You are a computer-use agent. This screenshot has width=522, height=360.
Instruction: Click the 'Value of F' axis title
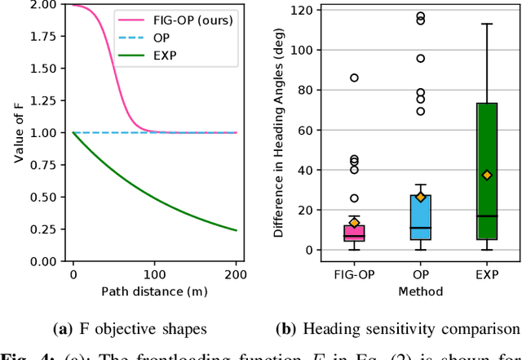coord(17,133)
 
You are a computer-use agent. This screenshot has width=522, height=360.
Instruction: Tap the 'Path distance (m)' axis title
coord(155,291)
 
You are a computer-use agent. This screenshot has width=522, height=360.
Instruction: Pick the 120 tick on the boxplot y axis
coord(303,11)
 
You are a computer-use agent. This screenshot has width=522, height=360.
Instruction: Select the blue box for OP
coord(421,217)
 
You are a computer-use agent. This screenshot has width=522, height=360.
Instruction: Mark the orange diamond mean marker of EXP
coord(487,175)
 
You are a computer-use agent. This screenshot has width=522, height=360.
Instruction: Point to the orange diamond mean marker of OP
coord(421,197)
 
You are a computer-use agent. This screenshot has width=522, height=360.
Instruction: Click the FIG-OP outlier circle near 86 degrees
coord(354,78)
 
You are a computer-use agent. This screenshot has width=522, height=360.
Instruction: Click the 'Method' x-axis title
coord(421,291)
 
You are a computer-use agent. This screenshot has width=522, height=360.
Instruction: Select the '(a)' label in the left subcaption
coord(63,330)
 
